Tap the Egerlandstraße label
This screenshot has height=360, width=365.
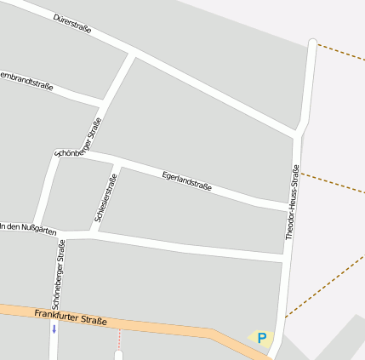click(186, 180)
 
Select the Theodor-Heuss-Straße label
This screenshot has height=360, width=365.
click(294, 203)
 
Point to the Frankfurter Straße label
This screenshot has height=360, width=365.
click(71, 317)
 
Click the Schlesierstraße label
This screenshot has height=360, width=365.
click(106, 198)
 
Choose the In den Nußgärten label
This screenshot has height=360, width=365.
click(28, 228)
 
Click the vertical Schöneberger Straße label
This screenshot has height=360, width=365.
click(58, 274)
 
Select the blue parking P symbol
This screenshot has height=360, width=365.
click(262, 338)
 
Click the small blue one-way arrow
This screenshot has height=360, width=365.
click(54, 329)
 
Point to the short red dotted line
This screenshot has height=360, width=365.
click(119, 338)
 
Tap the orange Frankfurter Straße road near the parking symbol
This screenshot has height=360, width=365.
click(230, 335)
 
